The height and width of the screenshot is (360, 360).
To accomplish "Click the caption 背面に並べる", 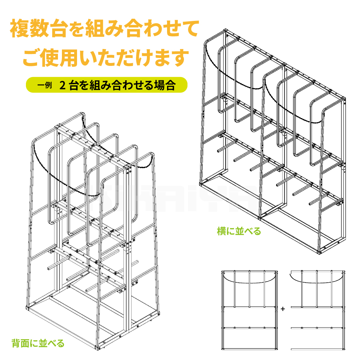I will pyautogui.click(x=38, y=342).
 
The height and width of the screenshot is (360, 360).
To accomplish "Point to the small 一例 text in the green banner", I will pyautogui.click(x=45, y=86).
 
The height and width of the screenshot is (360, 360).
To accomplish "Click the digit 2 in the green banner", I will pyautogui.click(x=62, y=86).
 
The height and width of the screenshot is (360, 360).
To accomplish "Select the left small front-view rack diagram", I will pyautogui.click(x=249, y=310).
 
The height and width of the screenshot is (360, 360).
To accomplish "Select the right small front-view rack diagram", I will pyautogui.click(x=317, y=310).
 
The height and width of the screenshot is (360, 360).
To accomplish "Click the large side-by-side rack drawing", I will pyautogui.click(x=274, y=144).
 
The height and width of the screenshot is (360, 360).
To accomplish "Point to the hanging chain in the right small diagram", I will pyautogui.click(x=317, y=281).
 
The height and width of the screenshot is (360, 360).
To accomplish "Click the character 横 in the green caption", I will pyautogui.click(x=221, y=231).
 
